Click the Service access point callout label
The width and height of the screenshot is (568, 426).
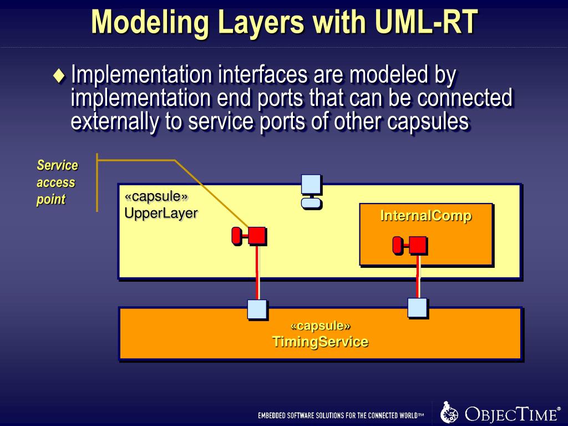click(57, 182)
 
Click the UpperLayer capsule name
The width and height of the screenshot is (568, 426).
click(161, 212)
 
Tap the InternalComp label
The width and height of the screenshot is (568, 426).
click(425, 216)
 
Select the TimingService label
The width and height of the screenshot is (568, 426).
click(320, 342)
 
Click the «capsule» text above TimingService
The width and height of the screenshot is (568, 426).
click(320, 326)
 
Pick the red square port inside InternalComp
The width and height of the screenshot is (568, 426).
click(418, 244)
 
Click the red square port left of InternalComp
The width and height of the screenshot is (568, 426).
click(256, 235)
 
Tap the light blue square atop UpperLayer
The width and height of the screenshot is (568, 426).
click(311, 184)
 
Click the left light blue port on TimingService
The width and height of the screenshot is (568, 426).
click(257, 309)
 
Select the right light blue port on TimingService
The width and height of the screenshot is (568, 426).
click(417, 307)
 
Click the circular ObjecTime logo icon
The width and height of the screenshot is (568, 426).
click(449, 413)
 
